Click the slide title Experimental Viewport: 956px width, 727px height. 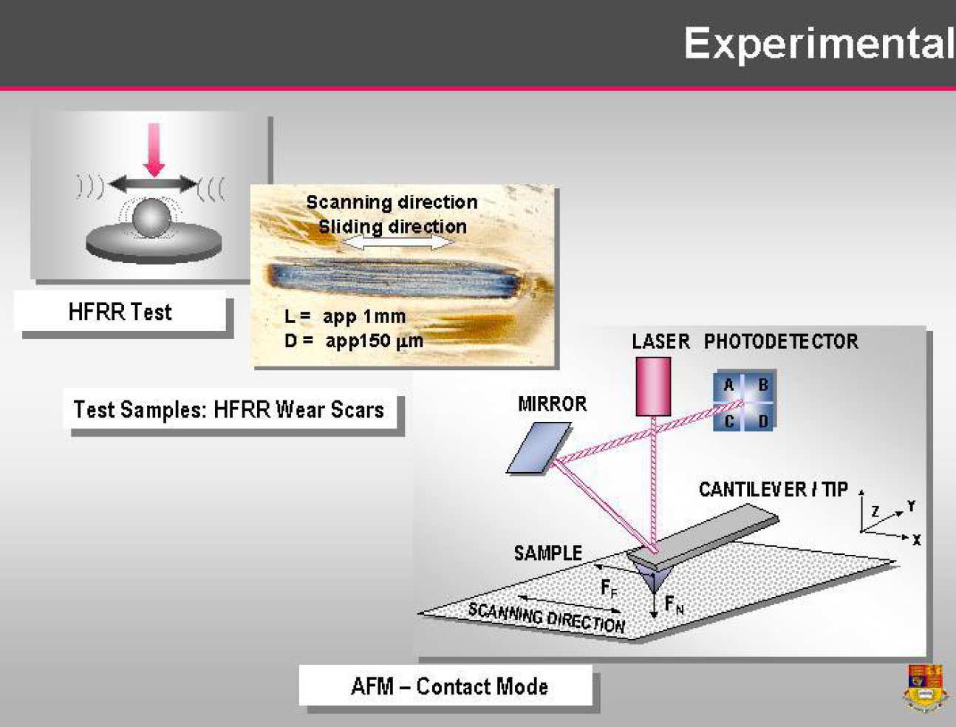(x=818, y=44)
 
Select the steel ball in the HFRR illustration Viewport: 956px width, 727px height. (x=152, y=218)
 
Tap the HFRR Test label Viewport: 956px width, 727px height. (x=120, y=312)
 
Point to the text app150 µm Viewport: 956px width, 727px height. (x=374, y=341)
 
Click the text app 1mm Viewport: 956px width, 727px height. (x=364, y=316)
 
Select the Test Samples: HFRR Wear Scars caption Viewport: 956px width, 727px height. (x=229, y=409)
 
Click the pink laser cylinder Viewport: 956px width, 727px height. (x=653, y=386)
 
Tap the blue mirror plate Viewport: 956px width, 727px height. (x=539, y=447)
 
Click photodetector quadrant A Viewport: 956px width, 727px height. (x=728, y=385)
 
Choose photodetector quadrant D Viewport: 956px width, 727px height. (x=763, y=421)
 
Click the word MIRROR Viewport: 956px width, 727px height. (x=552, y=404)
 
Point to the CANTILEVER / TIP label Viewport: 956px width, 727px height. (x=773, y=489)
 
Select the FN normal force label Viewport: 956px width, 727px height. (x=674, y=605)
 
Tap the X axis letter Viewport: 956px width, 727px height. (x=916, y=540)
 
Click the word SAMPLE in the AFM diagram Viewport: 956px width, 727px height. (x=547, y=553)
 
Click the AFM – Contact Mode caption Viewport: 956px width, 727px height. (x=449, y=686)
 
